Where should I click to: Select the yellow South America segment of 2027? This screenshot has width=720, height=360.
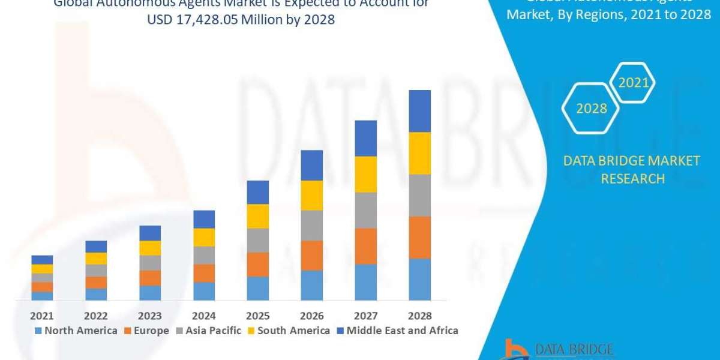tap(366, 174)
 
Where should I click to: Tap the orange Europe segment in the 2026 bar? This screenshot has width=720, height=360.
tap(312, 255)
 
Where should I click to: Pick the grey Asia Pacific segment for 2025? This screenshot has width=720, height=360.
tap(258, 240)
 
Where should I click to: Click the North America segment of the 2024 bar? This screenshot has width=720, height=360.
tap(204, 291)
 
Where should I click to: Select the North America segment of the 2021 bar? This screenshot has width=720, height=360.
tap(42, 295)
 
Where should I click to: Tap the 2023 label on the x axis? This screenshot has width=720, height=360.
tap(150, 316)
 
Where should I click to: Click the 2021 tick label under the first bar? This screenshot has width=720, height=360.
tap(42, 316)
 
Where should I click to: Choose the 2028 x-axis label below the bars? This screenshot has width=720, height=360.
tap(420, 316)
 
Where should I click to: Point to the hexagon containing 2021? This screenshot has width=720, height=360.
tap(634, 83)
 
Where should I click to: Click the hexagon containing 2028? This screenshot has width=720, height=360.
tap(591, 109)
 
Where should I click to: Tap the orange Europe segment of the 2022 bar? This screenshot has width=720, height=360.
tap(96, 282)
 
